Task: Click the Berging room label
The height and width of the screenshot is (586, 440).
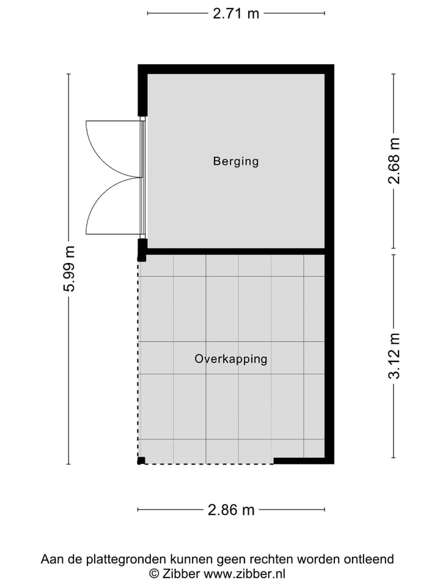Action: [236, 162]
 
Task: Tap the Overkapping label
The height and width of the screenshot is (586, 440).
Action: [231, 359]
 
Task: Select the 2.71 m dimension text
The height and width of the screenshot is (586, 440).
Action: [236, 13]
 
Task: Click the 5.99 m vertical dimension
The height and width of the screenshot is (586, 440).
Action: [69, 269]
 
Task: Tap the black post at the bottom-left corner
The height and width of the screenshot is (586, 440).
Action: [141, 460]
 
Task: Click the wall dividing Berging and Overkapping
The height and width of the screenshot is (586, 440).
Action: [235, 251]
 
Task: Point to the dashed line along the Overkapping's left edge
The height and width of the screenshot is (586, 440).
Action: [138, 360]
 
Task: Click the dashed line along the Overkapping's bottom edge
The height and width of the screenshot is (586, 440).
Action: [208, 464]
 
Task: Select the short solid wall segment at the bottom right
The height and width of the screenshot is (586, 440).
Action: [299, 461]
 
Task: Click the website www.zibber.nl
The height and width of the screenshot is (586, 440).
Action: [244, 574]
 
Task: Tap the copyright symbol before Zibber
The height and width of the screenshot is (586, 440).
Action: [155, 574]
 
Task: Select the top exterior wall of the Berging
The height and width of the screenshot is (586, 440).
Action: [235, 69]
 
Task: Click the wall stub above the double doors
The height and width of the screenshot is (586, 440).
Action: [142, 92]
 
